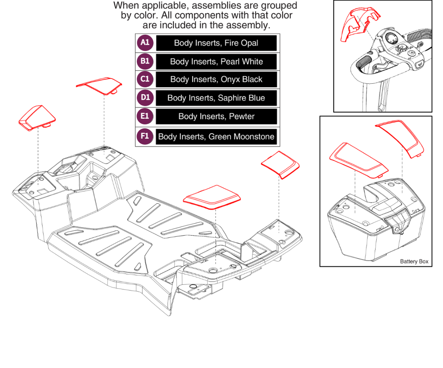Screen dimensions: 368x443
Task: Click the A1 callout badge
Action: (145, 43)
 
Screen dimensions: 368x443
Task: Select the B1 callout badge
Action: (145, 61)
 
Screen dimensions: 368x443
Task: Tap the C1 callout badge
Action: (145, 79)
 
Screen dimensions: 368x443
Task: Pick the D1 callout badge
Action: (145, 98)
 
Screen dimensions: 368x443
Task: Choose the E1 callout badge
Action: (145, 116)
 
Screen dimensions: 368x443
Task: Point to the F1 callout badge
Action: (145, 136)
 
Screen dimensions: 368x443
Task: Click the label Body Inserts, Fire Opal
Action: (216, 43)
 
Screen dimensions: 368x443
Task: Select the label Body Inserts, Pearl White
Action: (216, 61)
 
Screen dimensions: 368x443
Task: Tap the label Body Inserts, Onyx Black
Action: (216, 79)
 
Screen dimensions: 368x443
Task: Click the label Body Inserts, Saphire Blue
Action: (216, 98)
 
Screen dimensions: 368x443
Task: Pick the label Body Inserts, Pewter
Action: (216, 116)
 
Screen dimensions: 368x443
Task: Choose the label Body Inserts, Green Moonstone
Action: (216, 137)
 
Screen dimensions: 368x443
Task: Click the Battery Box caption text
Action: (414, 262)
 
